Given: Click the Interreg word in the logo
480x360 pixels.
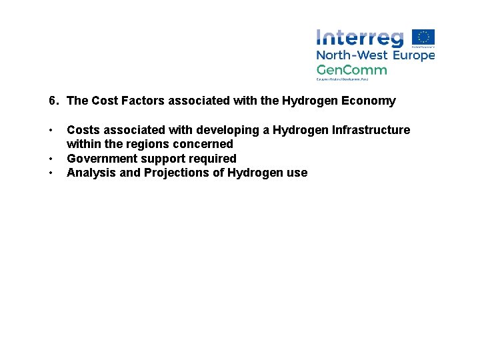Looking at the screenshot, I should [360, 39].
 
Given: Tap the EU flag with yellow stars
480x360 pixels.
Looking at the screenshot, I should [423, 38].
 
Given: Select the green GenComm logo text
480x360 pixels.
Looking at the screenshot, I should [351, 69].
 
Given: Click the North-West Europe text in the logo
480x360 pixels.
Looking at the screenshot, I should [375, 55].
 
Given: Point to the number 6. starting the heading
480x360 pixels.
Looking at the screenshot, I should [54, 101].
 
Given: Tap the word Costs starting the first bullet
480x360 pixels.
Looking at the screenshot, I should [83, 130].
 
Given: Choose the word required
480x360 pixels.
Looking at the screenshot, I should [213, 159].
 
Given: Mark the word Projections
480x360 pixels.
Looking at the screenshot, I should [183, 173].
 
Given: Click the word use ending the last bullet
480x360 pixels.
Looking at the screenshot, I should [297, 173].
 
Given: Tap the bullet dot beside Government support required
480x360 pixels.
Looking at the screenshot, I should [51, 159].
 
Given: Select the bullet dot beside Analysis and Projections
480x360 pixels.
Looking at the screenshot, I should [51, 173].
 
